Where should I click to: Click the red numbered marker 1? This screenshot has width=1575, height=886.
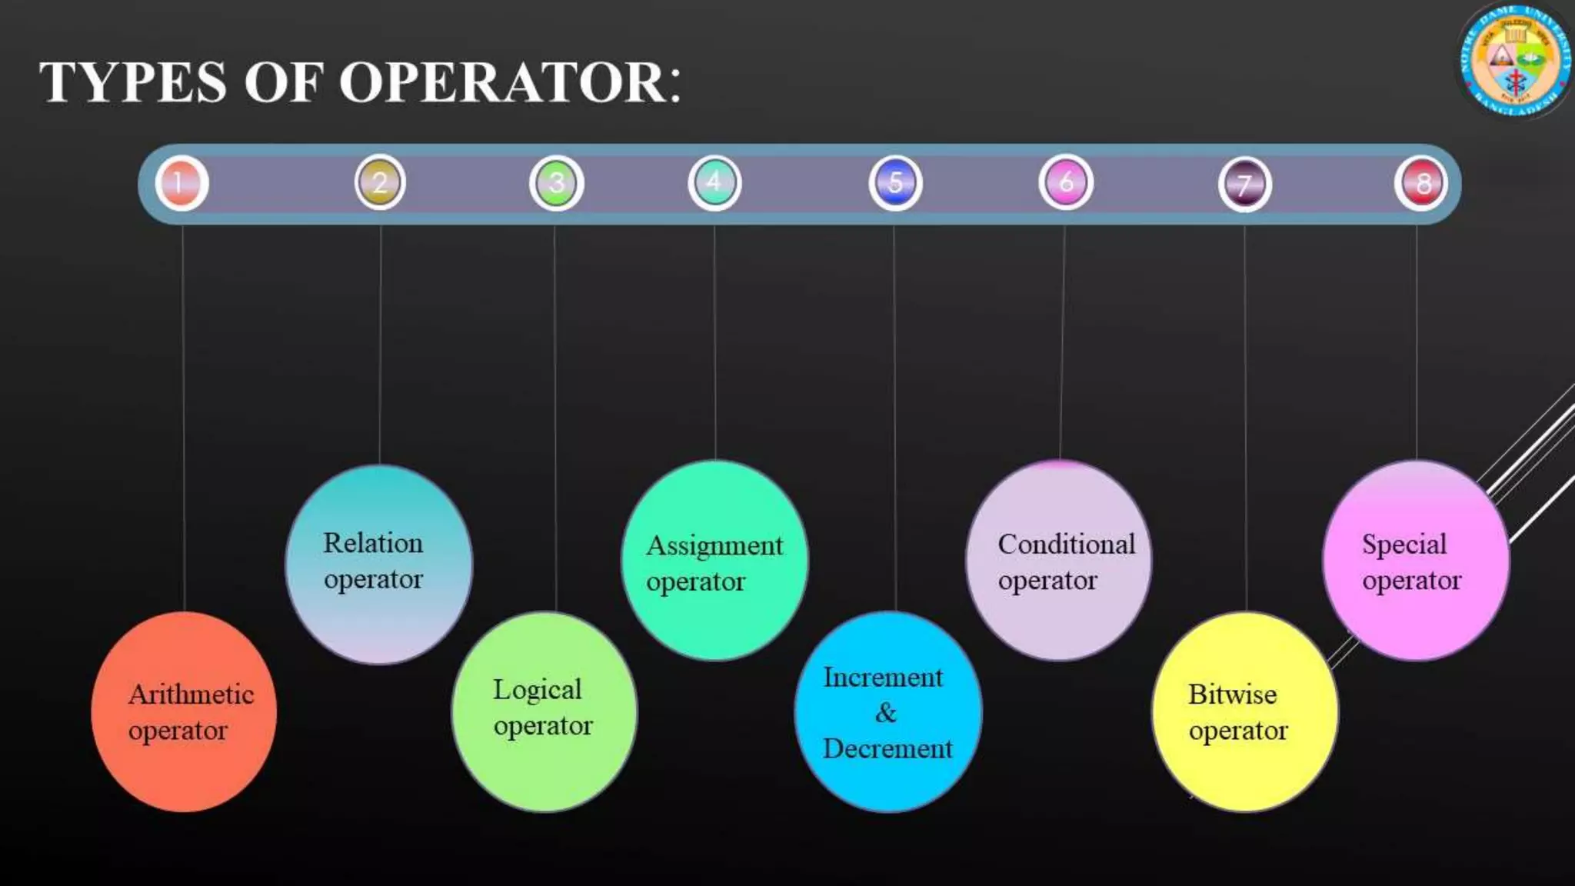[x=181, y=184]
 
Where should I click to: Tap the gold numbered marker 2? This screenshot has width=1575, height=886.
[x=380, y=182]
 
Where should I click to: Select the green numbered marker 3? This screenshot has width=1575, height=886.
[x=557, y=183]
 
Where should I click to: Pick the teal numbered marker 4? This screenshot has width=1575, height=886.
[x=714, y=182]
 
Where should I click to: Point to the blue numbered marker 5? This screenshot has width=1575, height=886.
[x=895, y=183]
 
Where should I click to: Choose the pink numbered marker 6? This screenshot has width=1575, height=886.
[x=1066, y=182]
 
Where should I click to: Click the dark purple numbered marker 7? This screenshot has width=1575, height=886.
[x=1244, y=185]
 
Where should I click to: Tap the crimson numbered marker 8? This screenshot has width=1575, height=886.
[x=1421, y=184]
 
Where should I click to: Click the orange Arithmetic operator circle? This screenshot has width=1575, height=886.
[x=184, y=711]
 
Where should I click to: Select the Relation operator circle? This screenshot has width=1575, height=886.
[x=378, y=564]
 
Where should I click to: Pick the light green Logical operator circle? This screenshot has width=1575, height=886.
[x=544, y=711]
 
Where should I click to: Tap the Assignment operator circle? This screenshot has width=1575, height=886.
[x=714, y=561]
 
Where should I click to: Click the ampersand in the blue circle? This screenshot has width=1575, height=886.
[x=886, y=713]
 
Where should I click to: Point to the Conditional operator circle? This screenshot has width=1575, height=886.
[x=1059, y=561]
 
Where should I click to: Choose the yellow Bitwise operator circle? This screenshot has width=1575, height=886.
[x=1245, y=711]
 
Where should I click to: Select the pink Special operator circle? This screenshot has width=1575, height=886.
[x=1416, y=561]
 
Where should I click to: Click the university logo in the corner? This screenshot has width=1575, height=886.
[x=1514, y=60]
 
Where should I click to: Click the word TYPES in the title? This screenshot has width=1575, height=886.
[x=133, y=82]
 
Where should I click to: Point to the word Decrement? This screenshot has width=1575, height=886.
[x=887, y=748]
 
